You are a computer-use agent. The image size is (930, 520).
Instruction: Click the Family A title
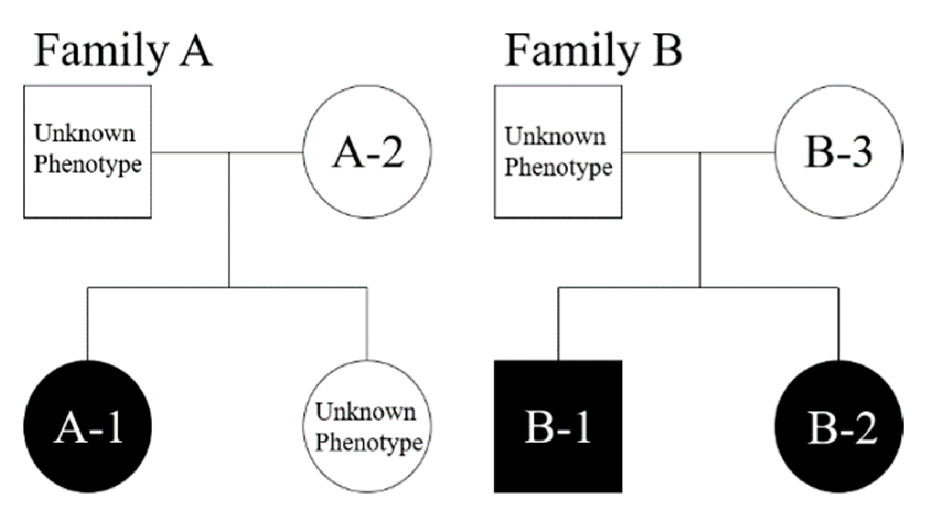(x=123, y=51)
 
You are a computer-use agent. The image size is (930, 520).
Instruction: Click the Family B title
(x=593, y=51)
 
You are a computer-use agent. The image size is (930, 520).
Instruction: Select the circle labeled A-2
(x=368, y=152)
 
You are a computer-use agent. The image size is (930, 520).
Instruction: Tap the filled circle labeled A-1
(x=88, y=427)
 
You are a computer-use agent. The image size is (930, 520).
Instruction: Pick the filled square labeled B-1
(x=558, y=427)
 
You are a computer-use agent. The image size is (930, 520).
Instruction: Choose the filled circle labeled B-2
(x=838, y=427)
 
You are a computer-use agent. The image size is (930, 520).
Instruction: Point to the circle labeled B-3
(x=838, y=152)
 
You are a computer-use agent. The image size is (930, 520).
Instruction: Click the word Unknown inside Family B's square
(x=555, y=136)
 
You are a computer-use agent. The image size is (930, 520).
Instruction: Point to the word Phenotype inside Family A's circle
(x=369, y=443)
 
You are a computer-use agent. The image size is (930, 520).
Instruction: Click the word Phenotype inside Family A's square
(x=88, y=165)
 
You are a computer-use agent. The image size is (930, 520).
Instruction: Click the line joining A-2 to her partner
(x=265, y=152)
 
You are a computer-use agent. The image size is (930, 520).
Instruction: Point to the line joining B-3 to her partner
(x=739, y=152)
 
